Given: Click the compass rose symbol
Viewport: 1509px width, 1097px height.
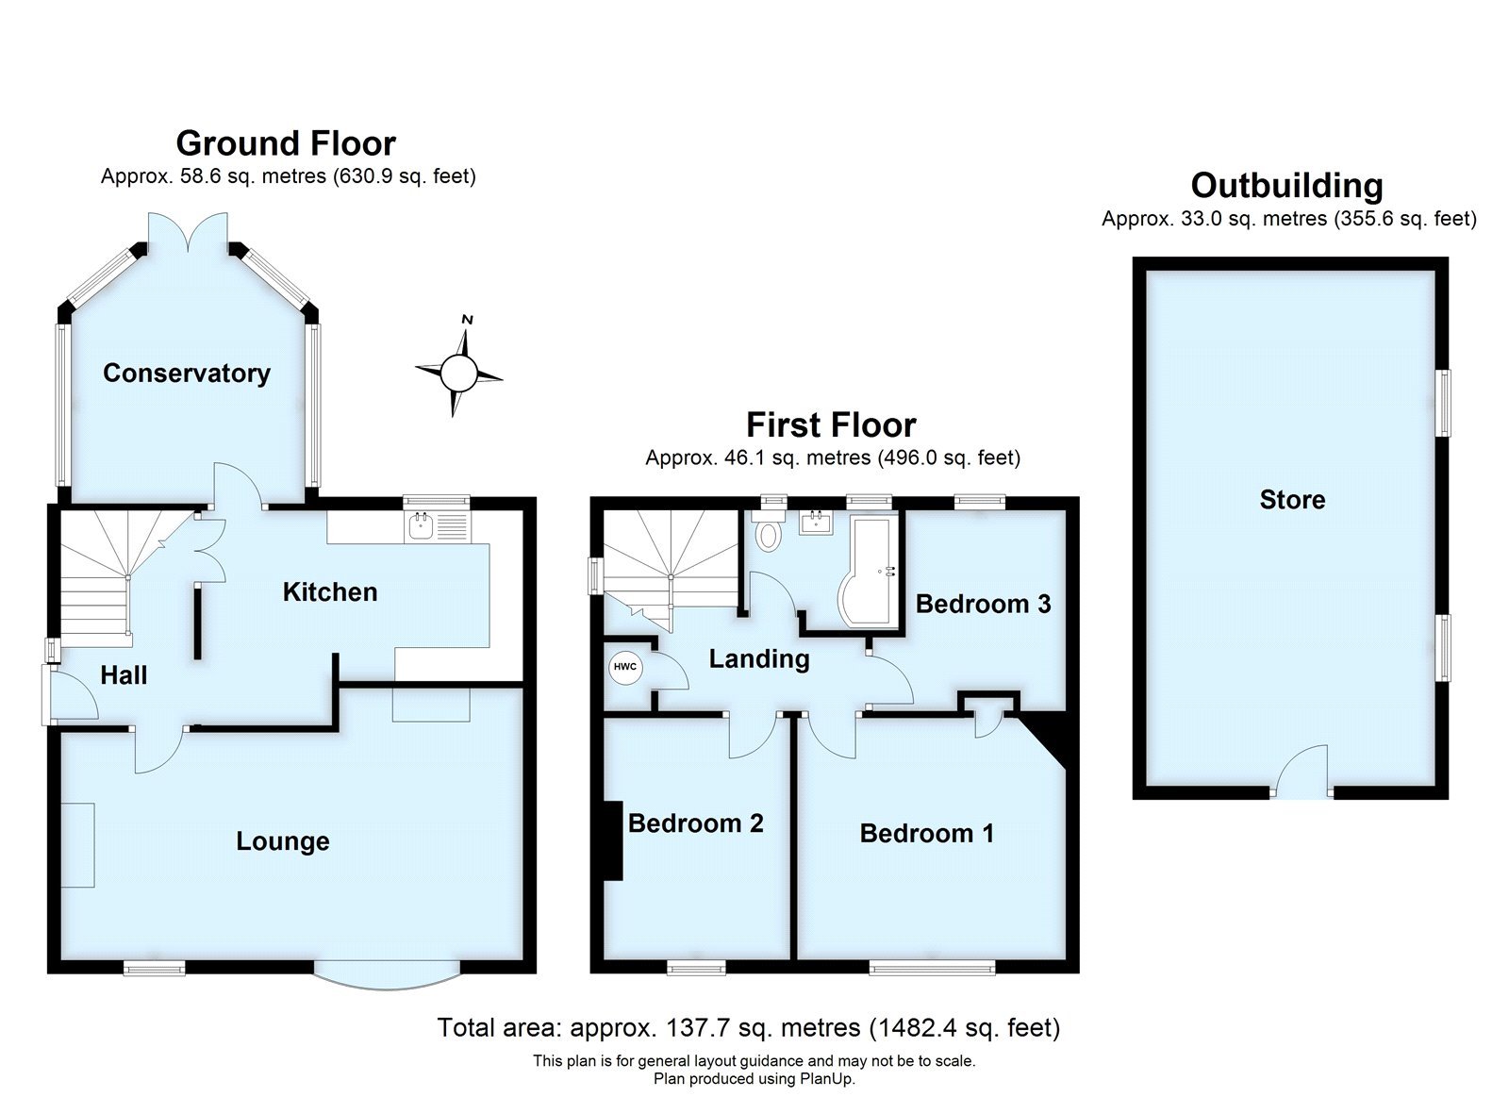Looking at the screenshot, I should pyautogui.click(x=459, y=373).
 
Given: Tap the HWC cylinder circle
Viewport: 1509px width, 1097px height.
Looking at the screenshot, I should pyautogui.click(x=624, y=667).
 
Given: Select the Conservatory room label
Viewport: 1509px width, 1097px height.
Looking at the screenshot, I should pyautogui.click(x=186, y=373).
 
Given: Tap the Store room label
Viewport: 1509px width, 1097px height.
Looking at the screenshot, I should pyautogui.click(x=1292, y=500).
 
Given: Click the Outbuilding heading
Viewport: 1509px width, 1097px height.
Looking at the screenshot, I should pyautogui.click(x=1286, y=186).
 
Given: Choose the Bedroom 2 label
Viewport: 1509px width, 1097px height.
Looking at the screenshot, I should pyautogui.click(x=695, y=823).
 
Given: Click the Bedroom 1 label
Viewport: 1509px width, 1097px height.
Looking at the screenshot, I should pyautogui.click(x=926, y=833).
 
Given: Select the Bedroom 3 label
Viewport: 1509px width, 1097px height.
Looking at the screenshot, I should pyautogui.click(x=983, y=604).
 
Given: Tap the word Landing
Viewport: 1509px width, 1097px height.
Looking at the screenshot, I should pyautogui.click(x=758, y=658).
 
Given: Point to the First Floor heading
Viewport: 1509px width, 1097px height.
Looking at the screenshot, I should pyautogui.click(x=831, y=424).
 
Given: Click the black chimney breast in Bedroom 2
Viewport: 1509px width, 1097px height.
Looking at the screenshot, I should pyautogui.click(x=612, y=840).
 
